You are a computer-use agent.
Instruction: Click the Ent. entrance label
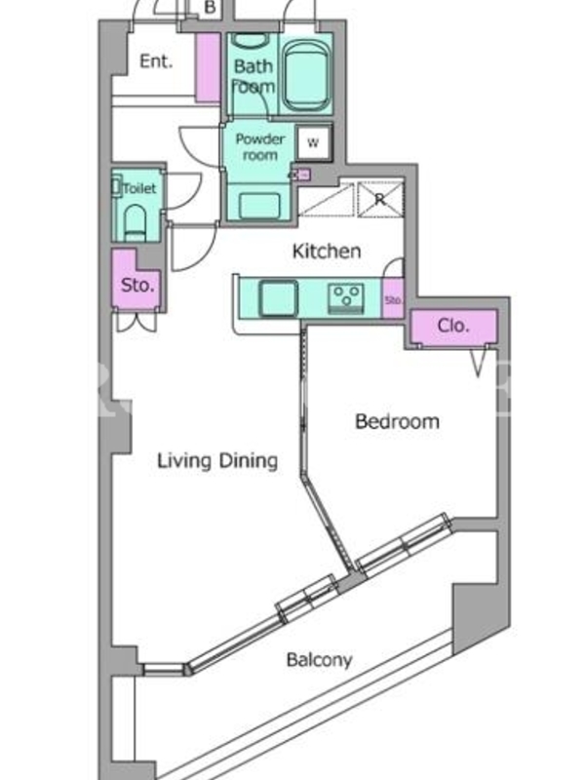tap(156, 61)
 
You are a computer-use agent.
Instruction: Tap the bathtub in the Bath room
tap(306, 76)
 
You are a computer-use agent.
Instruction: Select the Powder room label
tap(259, 147)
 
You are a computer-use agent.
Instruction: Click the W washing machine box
tap(313, 143)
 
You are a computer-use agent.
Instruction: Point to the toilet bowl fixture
tap(135, 222)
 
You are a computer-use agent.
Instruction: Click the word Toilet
tap(139, 188)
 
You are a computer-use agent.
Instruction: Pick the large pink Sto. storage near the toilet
tap(136, 281)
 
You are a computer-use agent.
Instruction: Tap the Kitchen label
tap(327, 252)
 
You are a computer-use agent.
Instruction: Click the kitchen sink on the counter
tap(279, 298)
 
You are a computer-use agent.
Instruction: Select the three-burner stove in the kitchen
tap(346, 298)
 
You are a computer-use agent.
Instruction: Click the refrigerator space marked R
tap(380, 200)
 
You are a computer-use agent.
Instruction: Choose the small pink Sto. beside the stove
tap(393, 299)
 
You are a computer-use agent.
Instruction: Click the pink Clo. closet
tap(453, 327)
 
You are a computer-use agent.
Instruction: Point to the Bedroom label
tap(397, 421)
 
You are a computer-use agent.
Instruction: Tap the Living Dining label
tap(217, 460)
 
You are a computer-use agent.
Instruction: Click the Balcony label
tap(320, 660)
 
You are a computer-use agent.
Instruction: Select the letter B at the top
tap(210, 8)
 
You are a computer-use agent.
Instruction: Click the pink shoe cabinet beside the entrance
tap(208, 67)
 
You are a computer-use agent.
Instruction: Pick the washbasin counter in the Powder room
tap(258, 203)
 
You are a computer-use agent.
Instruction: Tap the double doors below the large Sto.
tap(136, 322)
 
